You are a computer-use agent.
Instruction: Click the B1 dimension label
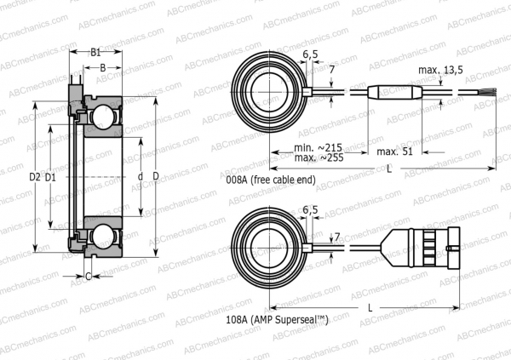pos(96,52)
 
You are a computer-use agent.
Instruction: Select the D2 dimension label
pos(34,177)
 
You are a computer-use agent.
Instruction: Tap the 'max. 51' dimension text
pos(394,151)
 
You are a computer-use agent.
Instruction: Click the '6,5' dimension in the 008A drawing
pos(311,55)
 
